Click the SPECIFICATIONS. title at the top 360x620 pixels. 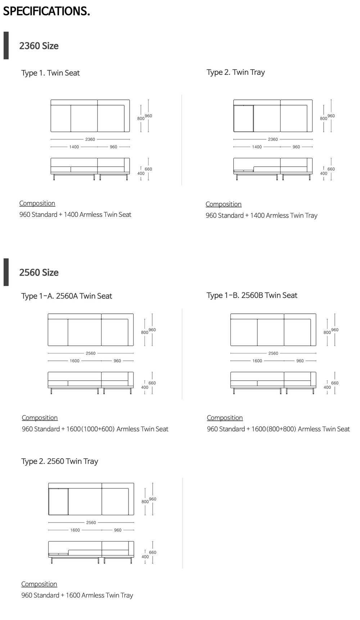46,11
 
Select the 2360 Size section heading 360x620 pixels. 39,46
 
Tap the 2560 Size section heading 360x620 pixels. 39,272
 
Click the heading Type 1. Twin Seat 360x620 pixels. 50,73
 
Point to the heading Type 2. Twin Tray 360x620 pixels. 236,72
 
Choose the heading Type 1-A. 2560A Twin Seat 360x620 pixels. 67,296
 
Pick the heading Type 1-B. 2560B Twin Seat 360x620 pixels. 252,295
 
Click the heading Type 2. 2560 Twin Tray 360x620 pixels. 60,461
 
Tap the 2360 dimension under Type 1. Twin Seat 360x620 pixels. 90,139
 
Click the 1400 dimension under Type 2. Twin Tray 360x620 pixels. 257,147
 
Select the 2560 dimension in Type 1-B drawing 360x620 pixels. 273,353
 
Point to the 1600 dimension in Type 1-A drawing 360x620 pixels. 75,361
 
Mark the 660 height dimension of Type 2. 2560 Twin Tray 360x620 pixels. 153,552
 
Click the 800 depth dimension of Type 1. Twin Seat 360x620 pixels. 141,118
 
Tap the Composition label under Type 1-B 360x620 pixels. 225,418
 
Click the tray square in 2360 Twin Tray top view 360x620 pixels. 243,119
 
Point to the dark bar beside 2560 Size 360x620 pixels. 6,272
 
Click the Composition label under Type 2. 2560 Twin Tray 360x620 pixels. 39,584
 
